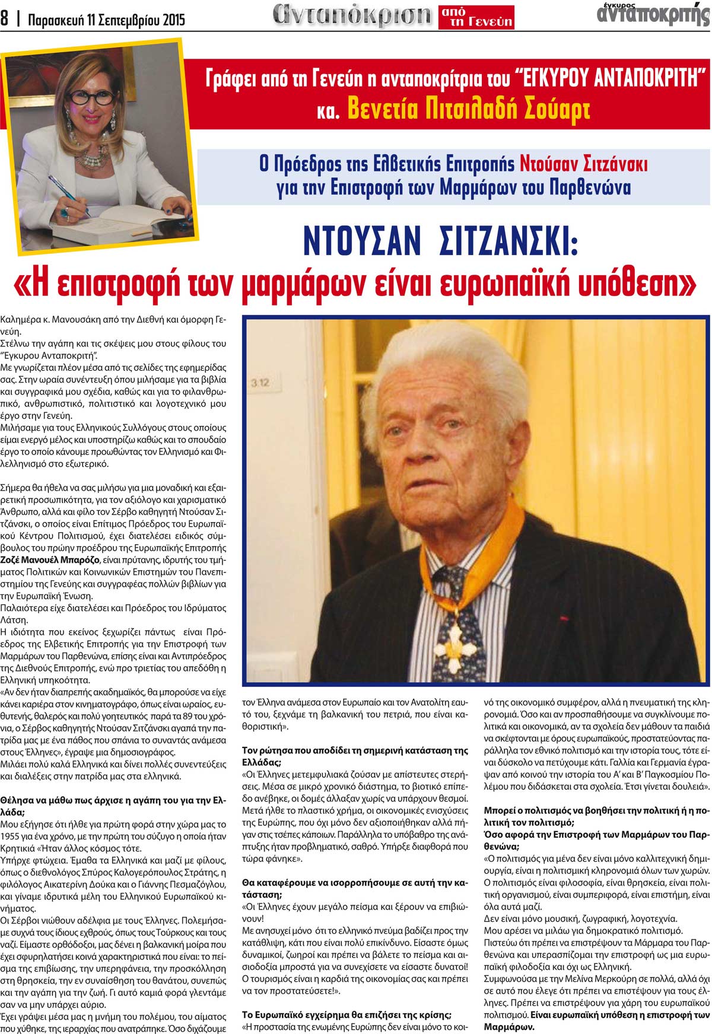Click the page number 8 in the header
click(x=5, y=19)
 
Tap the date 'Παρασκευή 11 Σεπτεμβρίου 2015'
click(x=107, y=20)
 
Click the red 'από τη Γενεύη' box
click(x=476, y=17)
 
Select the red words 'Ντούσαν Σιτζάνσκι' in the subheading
click(x=583, y=163)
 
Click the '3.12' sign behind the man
click(x=260, y=383)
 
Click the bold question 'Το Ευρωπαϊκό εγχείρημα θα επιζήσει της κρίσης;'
click(x=347, y=1014)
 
